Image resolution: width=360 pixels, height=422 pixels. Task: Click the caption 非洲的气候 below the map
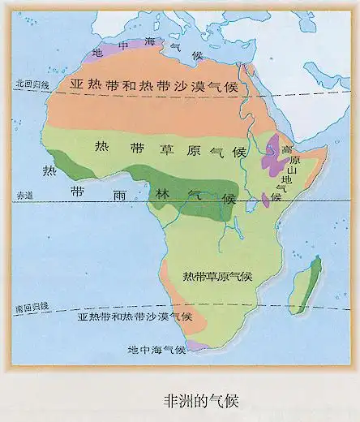coord(197,400)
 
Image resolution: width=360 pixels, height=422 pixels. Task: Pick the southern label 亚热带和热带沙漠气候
coord(135,316)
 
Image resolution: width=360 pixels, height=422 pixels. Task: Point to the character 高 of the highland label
coord(285,151)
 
